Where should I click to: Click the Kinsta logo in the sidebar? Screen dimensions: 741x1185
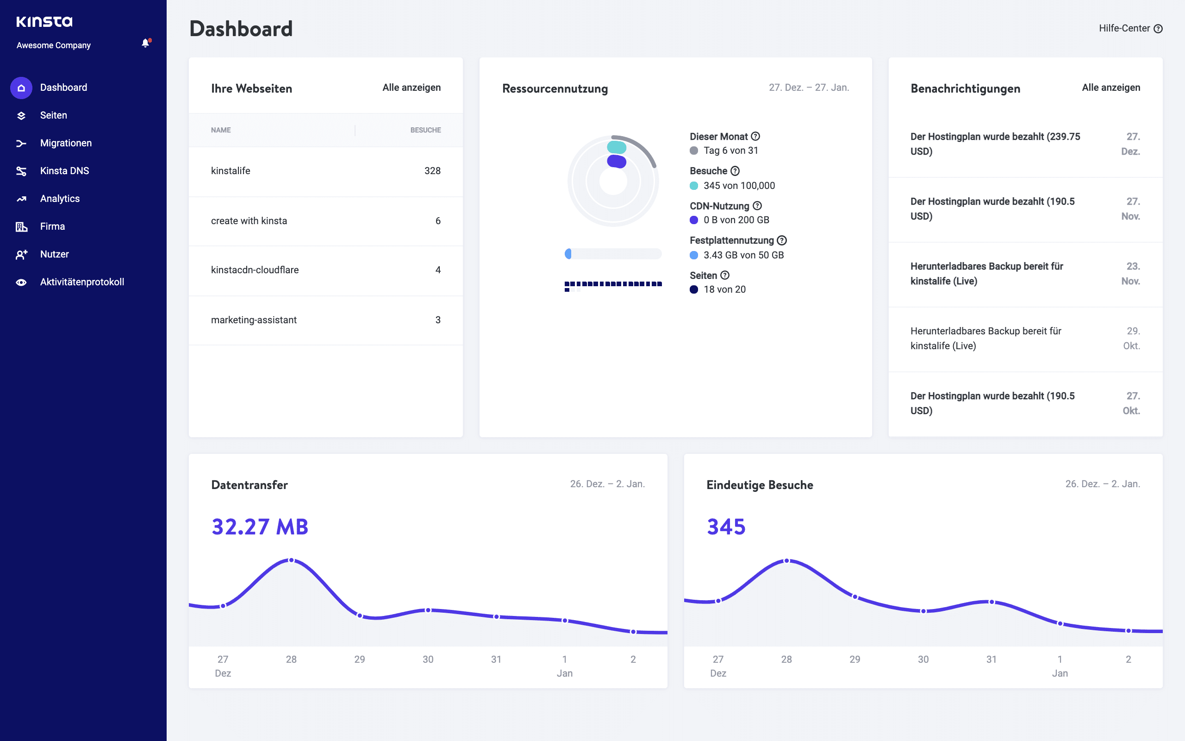(x=44, y=22)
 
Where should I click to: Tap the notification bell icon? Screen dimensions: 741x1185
(x=145, y=43)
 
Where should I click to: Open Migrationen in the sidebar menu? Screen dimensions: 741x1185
(x=66, y=143)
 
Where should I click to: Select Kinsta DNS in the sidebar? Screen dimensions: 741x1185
(x=64, y=171)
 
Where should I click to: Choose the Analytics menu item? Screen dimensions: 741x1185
(x=60, y=199)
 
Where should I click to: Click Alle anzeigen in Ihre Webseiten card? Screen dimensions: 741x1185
(x=411, y=88)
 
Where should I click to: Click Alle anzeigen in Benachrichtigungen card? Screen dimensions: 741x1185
(x=1110, y=88)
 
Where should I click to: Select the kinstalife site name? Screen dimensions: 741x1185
(x=230, y=171)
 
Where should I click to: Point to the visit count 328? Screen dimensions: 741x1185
(x=432, y=171)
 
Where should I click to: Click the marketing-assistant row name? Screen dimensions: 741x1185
(x=254, y=320)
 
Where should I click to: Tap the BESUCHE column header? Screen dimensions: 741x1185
(x=425, y=130)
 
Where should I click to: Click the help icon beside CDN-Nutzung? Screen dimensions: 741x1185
(x=757, y=206)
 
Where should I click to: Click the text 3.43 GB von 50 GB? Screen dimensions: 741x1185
(x=743, y=255)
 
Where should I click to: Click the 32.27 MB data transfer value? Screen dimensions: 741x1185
(x=260, y=527)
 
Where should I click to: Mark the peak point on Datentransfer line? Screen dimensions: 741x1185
(x=291, y=560)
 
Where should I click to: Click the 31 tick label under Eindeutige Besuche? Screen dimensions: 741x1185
(x=991, y=659)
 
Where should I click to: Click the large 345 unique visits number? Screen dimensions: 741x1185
(x=726, y=527)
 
